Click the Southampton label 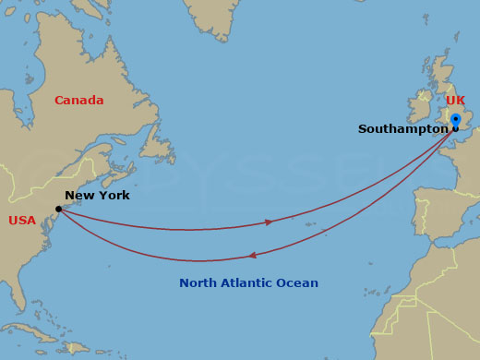(402, 129)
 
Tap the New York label (97, 196)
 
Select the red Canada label (78, 101)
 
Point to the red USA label (22, 221)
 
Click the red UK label (455, 100)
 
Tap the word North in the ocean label (198, 283)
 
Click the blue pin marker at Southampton (455, 120)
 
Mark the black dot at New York (59, 209)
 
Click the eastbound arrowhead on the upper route (269, 222)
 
